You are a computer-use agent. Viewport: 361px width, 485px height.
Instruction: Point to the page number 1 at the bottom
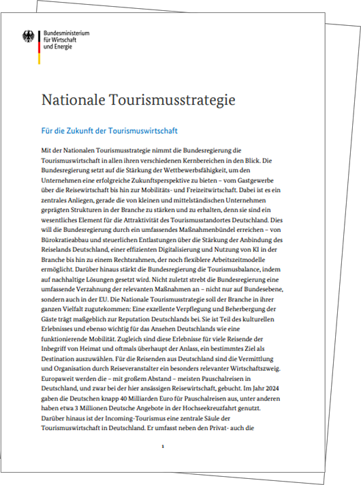click(x=163, y=446)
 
